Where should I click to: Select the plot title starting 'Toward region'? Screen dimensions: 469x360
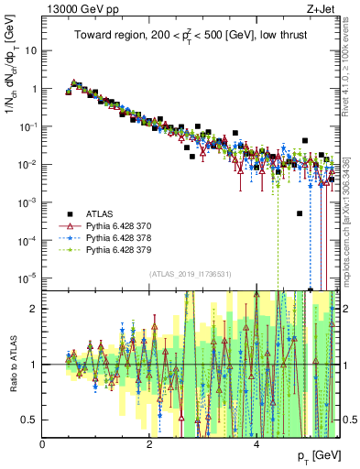click(190, 36)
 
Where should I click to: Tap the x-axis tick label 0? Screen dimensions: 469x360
click(43, 445)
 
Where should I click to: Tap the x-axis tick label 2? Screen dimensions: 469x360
click(149, 445)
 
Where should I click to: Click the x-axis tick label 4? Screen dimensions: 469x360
click(256, 445)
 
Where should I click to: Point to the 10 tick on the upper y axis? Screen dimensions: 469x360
click(30, 50)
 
